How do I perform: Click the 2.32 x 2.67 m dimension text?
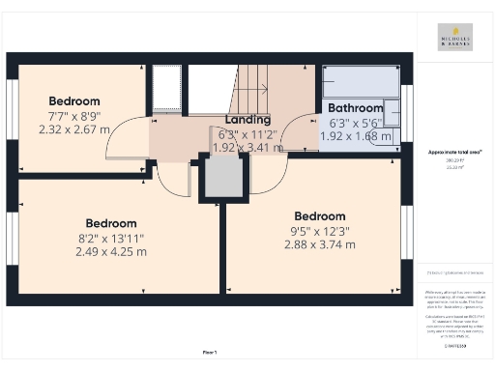tap(73, 128)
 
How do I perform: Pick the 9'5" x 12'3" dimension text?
tap(319, 231)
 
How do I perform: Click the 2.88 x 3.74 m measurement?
tap(319, 245)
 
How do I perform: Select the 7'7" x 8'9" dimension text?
tap(74, 115)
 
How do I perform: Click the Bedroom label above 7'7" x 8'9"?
tap(74, 100)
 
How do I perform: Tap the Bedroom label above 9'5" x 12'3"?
tap(319, 216)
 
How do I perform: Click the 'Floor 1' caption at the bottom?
tap(209, 352)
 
